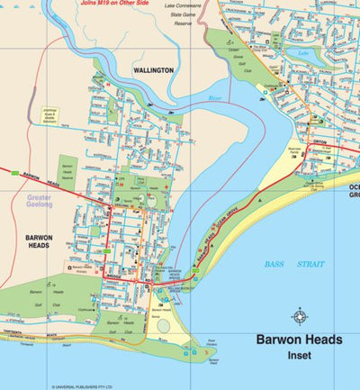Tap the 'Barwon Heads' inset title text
(299, 340)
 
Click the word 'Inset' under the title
(299, 358)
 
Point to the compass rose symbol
(299, 315)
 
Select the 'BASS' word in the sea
(275, 264)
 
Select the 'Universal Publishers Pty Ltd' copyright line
(85, 385)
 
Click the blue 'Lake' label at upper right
(303, 53)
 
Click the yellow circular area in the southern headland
(163, 324)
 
